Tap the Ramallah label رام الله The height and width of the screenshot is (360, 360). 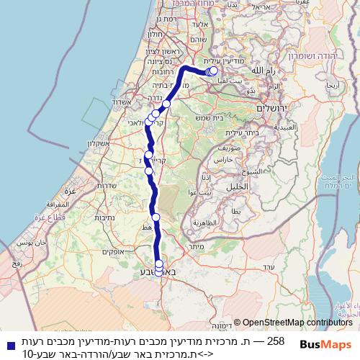pos(259,71)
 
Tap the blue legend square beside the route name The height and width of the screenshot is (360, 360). pos(9,345)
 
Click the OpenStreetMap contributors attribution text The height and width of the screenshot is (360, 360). pos(296,323)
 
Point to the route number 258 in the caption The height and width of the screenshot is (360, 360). pos(276,340)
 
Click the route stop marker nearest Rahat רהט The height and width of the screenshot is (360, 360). pos(156,217)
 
